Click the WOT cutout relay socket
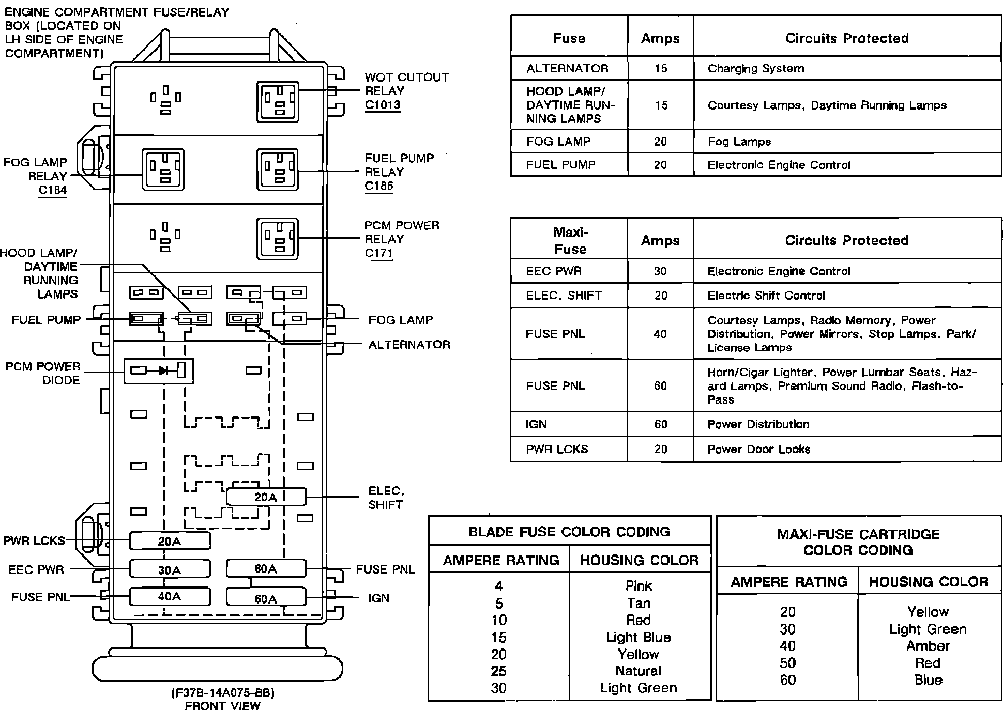278,101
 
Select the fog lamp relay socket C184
163,169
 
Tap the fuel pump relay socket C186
278,169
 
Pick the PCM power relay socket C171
278,239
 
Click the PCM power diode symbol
159,370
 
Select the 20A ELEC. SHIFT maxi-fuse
266,497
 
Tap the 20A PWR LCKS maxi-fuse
170,541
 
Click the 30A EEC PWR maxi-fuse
170,569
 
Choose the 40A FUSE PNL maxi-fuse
170,596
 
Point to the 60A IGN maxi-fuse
266,598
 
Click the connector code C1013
382,104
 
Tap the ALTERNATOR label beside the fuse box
409,345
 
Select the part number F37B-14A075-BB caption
223,692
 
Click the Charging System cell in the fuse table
755,68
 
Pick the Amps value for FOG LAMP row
660,142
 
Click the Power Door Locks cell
758,449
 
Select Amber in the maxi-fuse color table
928,646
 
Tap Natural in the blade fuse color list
638,671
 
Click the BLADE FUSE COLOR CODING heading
569,532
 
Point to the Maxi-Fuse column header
570,241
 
